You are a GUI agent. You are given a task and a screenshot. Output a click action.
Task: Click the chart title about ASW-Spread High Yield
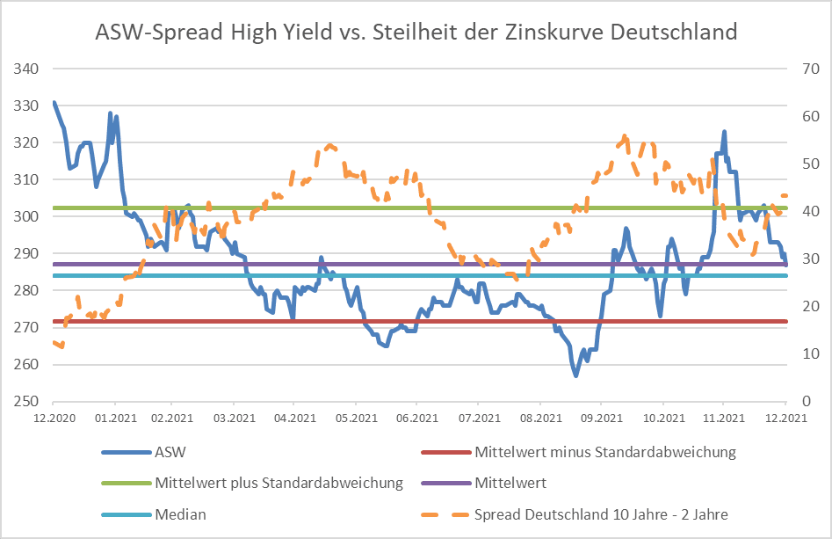[416, 33]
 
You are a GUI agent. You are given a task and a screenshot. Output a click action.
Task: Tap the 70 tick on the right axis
[806, 69]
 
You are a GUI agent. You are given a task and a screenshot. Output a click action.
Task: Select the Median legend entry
[180, 514]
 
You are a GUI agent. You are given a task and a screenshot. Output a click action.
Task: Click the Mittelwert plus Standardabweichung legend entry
[279, 483]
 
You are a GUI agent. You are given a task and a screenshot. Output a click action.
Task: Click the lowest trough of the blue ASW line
[576, 375]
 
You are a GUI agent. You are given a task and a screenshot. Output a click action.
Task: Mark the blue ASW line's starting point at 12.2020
[54, 103]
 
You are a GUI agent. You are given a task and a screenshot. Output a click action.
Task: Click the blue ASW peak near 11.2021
[724, 133]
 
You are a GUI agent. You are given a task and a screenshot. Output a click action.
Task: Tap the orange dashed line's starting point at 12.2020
[54, 342]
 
